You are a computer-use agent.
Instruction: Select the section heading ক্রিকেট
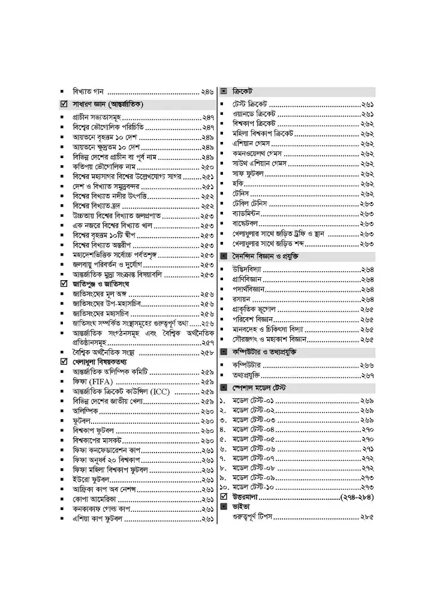[242, 92]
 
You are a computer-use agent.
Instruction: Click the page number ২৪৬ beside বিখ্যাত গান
[207, 92]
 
